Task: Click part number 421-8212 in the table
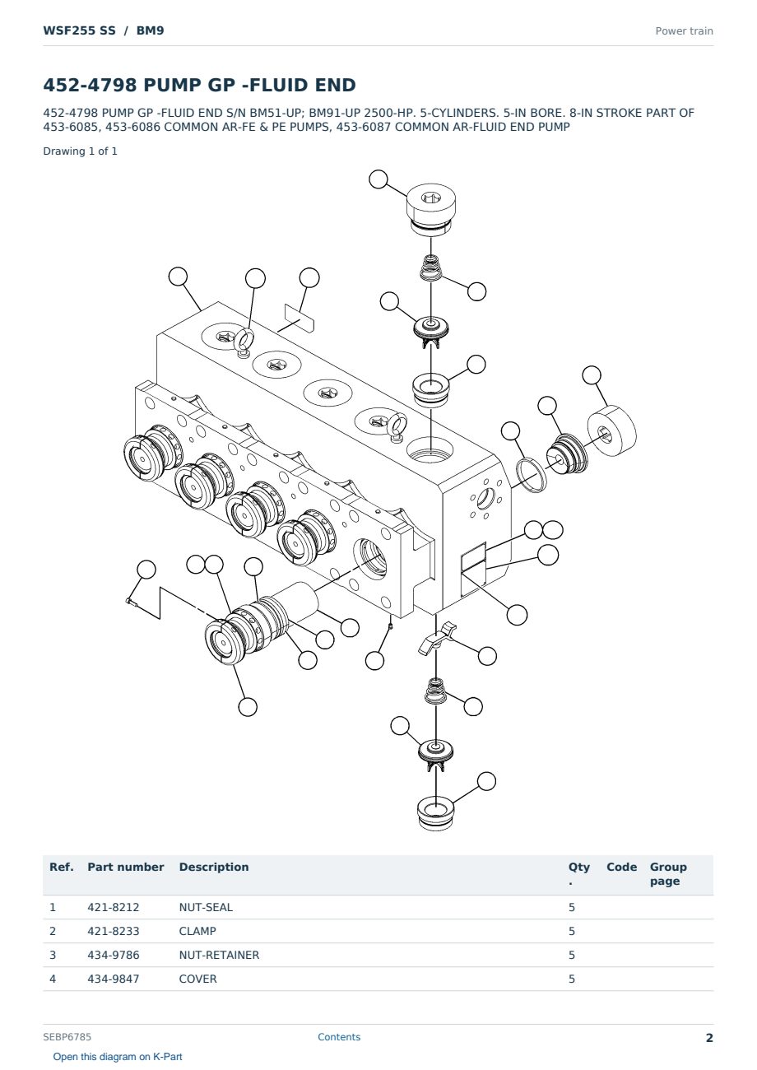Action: (x=114, y=907)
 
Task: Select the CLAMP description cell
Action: (x=197, y=931)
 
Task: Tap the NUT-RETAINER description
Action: (x=219, y=955)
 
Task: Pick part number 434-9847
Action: (x=114, y=979)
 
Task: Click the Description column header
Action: (x=213, y=867)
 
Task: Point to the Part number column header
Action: (x=126, y=867)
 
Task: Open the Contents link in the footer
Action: (x=339, y=1037)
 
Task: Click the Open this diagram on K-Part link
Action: (x=118, y=1057)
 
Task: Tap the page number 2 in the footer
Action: (x=709, y=1038)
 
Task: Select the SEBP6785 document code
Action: (x=67, y=1037)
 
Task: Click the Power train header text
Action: (x=684, y=31)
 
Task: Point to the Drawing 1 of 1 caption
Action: (x=81, y=151)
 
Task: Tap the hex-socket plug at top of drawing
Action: (x=431, y=209)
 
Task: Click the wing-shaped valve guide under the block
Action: (x=437, y=638)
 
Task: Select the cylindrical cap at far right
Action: (x=611, y=430)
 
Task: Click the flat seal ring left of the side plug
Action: (x=530, y=475)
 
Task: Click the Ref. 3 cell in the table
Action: (x=53, y=955)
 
